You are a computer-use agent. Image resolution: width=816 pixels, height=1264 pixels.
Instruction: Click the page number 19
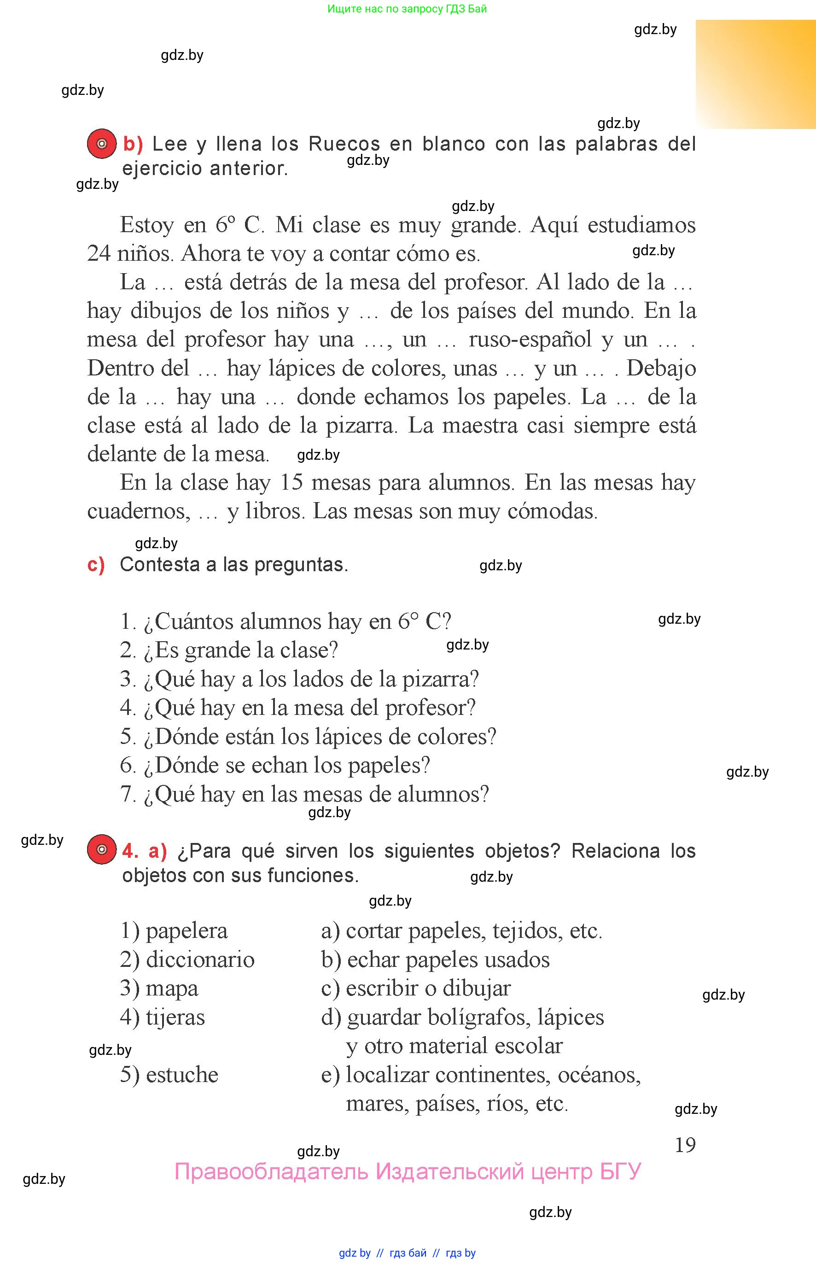(685, 1145)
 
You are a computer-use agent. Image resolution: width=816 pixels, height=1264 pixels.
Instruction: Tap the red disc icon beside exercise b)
(102, 144)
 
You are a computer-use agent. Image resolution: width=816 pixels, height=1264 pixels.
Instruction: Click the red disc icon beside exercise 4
(102, 849)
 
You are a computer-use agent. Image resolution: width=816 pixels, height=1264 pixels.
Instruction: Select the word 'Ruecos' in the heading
(344, 144)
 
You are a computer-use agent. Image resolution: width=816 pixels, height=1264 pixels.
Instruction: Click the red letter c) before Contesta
(96, 565)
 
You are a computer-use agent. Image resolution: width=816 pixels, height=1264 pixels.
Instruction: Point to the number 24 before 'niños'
(99, 253)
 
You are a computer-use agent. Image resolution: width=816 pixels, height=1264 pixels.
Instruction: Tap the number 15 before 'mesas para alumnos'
(291, 482)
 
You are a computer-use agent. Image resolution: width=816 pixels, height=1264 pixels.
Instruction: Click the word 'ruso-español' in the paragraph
(530, 339)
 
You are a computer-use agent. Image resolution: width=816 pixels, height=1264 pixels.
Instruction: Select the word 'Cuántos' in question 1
(194, 622)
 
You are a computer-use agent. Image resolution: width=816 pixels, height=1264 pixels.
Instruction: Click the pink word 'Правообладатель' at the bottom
(271, 1171)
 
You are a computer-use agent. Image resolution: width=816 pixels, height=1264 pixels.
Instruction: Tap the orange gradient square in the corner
(756, 74)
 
